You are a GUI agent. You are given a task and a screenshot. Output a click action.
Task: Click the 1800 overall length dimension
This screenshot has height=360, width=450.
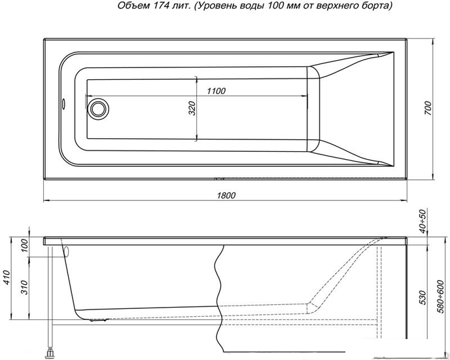point(226,195)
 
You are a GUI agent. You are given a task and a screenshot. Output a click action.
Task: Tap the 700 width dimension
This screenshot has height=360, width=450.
point(428,108)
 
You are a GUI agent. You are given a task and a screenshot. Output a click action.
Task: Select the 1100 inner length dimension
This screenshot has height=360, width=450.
point(216,91)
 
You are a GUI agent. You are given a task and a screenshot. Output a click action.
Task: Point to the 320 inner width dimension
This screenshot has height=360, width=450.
point(192,108)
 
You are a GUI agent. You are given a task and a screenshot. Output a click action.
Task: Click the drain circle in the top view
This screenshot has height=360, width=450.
point(98,109)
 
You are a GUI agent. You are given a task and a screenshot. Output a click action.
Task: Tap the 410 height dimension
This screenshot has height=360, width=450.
point(7,278)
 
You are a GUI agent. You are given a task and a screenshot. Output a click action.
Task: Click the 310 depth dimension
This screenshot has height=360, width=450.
point(25,287)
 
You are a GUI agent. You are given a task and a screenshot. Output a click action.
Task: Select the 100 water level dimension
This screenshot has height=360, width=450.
point(25,245)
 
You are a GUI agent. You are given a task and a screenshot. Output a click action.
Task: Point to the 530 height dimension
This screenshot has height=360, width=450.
point(423,298)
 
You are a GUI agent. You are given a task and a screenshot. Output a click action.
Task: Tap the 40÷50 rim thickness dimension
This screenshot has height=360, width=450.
point(423,221)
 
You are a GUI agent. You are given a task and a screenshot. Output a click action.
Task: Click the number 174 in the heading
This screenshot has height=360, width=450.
point(156,6)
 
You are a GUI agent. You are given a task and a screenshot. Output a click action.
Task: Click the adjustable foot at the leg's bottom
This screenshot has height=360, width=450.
point(50,353)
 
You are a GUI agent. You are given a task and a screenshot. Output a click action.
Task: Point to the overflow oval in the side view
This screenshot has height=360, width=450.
point(67,252)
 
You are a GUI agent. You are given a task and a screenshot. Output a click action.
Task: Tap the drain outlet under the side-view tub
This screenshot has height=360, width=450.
point(99,320)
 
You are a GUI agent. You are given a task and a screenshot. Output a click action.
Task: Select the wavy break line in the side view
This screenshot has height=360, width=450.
point(220,298)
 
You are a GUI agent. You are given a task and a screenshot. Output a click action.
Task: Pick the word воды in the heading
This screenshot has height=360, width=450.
point(253,6)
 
